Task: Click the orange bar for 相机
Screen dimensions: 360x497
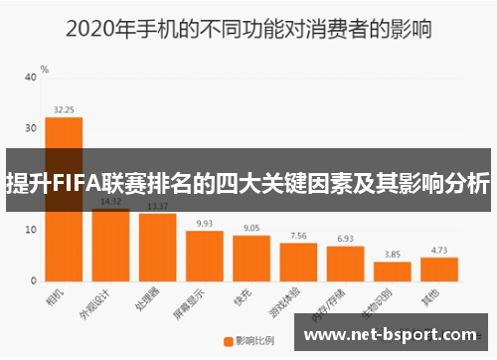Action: (64, 199)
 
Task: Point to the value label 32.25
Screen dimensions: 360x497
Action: (64, 109)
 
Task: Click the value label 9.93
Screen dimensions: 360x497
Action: (204, 224)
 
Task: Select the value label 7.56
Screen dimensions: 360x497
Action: (297, 236)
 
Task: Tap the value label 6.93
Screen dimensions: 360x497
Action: (345, 239)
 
